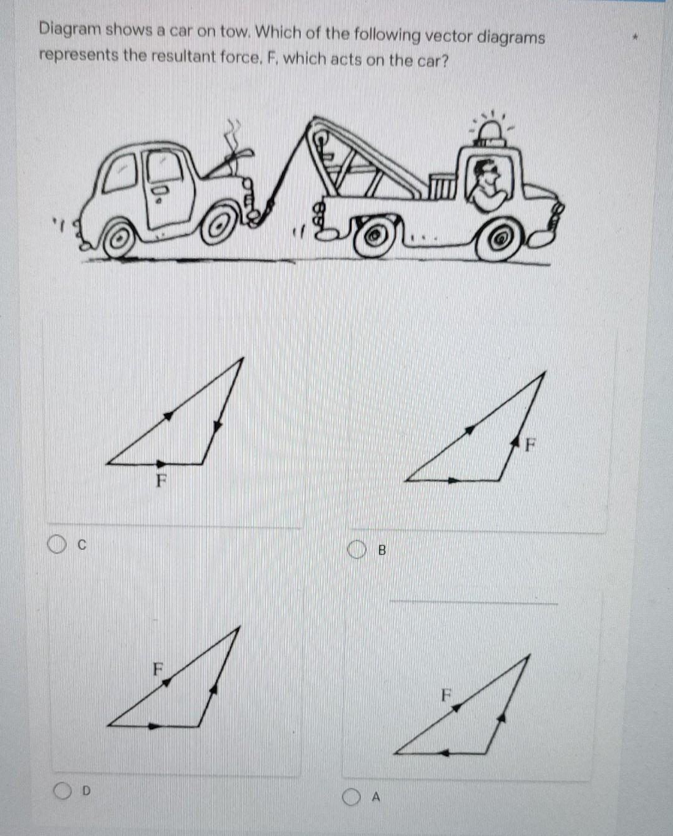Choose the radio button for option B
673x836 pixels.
click(356, 550)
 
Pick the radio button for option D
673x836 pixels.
click(62, 791)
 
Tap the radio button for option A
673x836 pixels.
click(351, 797)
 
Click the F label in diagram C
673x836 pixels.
click(161, 481)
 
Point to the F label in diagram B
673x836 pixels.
click(530, 445)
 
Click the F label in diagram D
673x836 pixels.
click(159, 669)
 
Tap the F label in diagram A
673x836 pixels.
click(446, 695)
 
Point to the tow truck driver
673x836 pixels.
click(487, 184)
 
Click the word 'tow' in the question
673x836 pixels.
click(234, 31)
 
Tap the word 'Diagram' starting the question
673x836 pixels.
click(70, 29)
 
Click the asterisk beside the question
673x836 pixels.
click(635, 39)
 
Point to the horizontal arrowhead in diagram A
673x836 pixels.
click(444, 753)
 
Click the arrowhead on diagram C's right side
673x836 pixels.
click(217, 426)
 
